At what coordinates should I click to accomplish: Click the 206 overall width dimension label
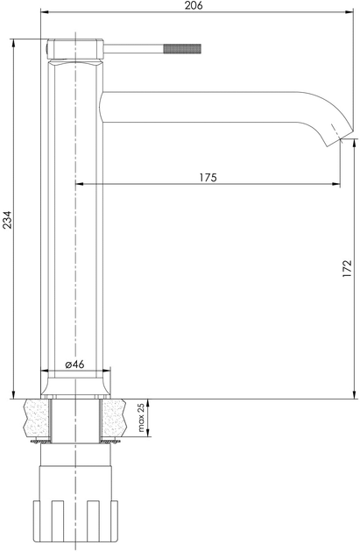[x=194, y=5]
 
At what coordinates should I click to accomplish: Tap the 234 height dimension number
[x=7, y=220]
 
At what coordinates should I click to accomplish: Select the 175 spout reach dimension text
[x=208, y=177]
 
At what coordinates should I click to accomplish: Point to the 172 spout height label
[x=347, y=268]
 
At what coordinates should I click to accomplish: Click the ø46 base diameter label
[x=74, y=364]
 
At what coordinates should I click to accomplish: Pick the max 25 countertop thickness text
[x=141, y=418]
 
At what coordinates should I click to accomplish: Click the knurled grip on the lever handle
[x=182, y=49]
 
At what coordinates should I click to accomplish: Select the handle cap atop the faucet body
[x=75, y=49]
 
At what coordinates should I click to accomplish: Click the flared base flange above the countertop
[x=75, y=387]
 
